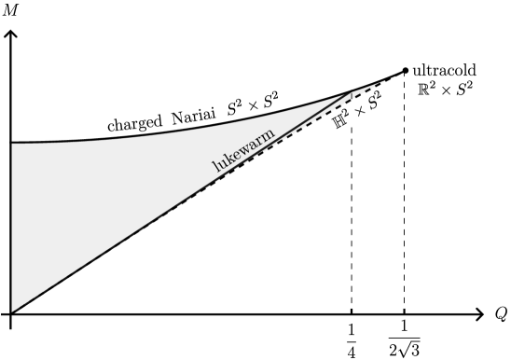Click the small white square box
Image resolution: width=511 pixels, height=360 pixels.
click(x=360, y=112)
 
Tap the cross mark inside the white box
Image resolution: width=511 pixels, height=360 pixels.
click(x=360, y=112)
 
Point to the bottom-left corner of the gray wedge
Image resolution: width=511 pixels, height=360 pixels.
click(x=13, y=310)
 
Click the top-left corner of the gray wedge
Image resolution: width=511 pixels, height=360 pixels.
click(x=13, y=145)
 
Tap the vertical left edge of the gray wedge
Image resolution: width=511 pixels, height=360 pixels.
click(x=13, y=224)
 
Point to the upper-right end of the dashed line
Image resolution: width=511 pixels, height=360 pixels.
click(x=384, y=81)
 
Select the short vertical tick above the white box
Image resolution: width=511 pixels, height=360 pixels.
click(x=352, y=96)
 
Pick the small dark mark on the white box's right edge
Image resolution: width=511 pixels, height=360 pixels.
click(x=371, y=107)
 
